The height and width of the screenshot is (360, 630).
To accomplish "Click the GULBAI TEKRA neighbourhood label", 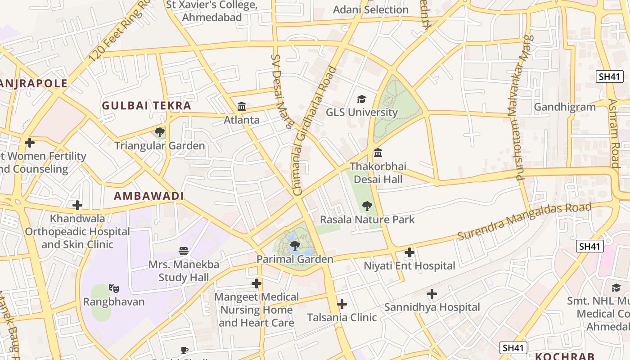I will pyautogui.click(x=147, y=106).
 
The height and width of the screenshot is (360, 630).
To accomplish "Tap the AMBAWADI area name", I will pyautogui.click(x=149, y=196).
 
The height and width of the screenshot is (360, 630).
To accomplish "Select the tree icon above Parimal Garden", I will pyautogui.click(x=295, y=245).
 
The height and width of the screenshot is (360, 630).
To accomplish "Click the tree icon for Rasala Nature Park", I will pyautogui.click(x=367, y=206).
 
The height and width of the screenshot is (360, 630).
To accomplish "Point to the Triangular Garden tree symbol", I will pyautogui.click(x=159, y=132).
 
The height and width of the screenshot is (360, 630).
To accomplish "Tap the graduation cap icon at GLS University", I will pyautogui.click(x=361, y=99).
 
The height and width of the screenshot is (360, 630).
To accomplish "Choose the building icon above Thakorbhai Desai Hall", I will pyautogui.click(x=378, y=153).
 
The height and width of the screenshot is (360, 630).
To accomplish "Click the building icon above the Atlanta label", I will pyautogui.click(x=242, y=107).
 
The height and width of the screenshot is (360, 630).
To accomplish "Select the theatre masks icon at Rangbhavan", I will pyautogui.click(x=114, y=288).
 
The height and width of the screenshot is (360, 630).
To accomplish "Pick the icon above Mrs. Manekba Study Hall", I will pyautogui.click(x=184, y=251).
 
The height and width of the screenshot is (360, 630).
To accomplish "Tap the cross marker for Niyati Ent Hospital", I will pyautogui.click(x=409, y=252).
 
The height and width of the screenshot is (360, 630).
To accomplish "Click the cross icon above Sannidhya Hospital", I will pyautogui.click(x=432, y=294).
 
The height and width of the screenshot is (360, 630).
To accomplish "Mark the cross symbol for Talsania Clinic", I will pyautogui.click(x=342, y=304).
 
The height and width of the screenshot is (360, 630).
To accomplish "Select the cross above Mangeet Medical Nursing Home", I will pyautogui.click(x=256, y=283).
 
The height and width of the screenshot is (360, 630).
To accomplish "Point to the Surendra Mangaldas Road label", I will pyautogui.click(x=524, y=221).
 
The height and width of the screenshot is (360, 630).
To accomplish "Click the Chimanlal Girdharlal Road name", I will pyautogui.click(x=315, y=130).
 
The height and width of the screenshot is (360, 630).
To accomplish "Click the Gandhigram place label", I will pyautogui.click(x=565, y=107).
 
